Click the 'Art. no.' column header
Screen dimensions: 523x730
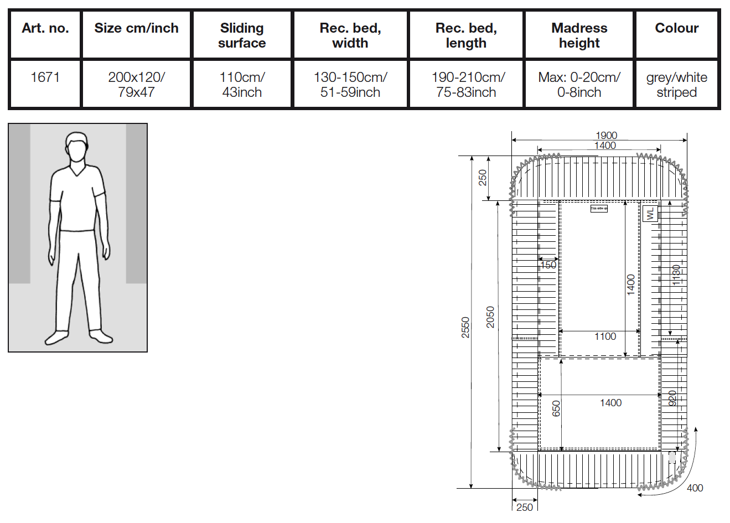tap(45, 28)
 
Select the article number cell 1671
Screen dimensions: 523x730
tap(45, 77)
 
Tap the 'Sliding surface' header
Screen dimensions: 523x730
tap(242, 35)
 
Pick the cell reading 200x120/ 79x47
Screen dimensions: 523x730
tap(136, 85)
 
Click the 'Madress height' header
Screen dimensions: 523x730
tap(579, 35)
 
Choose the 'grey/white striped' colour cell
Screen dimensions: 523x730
tap(676, 85)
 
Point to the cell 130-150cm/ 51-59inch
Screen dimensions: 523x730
tap(350, 85)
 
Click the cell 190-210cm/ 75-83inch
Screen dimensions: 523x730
tap(466, 85)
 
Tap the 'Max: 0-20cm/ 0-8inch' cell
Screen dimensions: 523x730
tap(579, 85)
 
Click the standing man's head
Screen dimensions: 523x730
tap(77, 147)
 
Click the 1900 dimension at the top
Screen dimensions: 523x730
tap(606, 136)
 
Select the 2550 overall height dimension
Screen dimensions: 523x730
tap(465, 327)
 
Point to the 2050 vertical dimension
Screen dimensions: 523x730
tap(490, 317)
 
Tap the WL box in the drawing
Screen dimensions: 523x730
tap(650, 213)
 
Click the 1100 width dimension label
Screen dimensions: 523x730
tap(605, 336)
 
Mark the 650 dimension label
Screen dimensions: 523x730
tap(556, 408)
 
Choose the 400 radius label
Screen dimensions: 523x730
tap(695, 488)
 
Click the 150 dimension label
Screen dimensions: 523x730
tap(548, 265)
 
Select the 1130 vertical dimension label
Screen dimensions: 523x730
tap(676, 275)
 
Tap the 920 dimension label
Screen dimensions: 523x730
tap(672, 398)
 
